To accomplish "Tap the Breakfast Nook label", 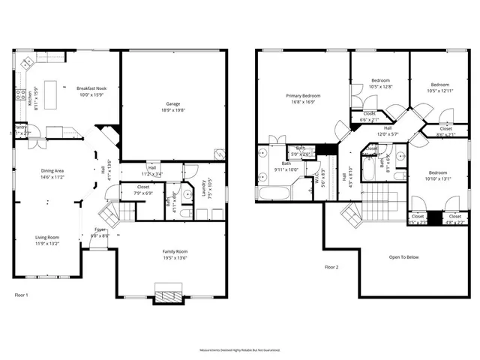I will (x=93, y=88).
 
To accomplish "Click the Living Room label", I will (x=46, y=237).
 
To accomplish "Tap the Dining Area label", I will (x=52, y=171).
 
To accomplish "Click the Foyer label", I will (x=100, y=229).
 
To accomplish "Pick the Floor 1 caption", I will (x=22, y=295).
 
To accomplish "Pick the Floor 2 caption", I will (x=331, y=267).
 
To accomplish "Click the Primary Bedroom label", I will (x=302, y=96).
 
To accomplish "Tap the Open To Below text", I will (x=403, y=257).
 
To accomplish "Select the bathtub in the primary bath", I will (x=272, y=193).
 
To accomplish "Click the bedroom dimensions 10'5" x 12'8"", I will (x=380, y=86).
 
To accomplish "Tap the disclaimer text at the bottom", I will (x=239, y=350).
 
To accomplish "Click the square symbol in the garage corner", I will (x=218, y=154).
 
